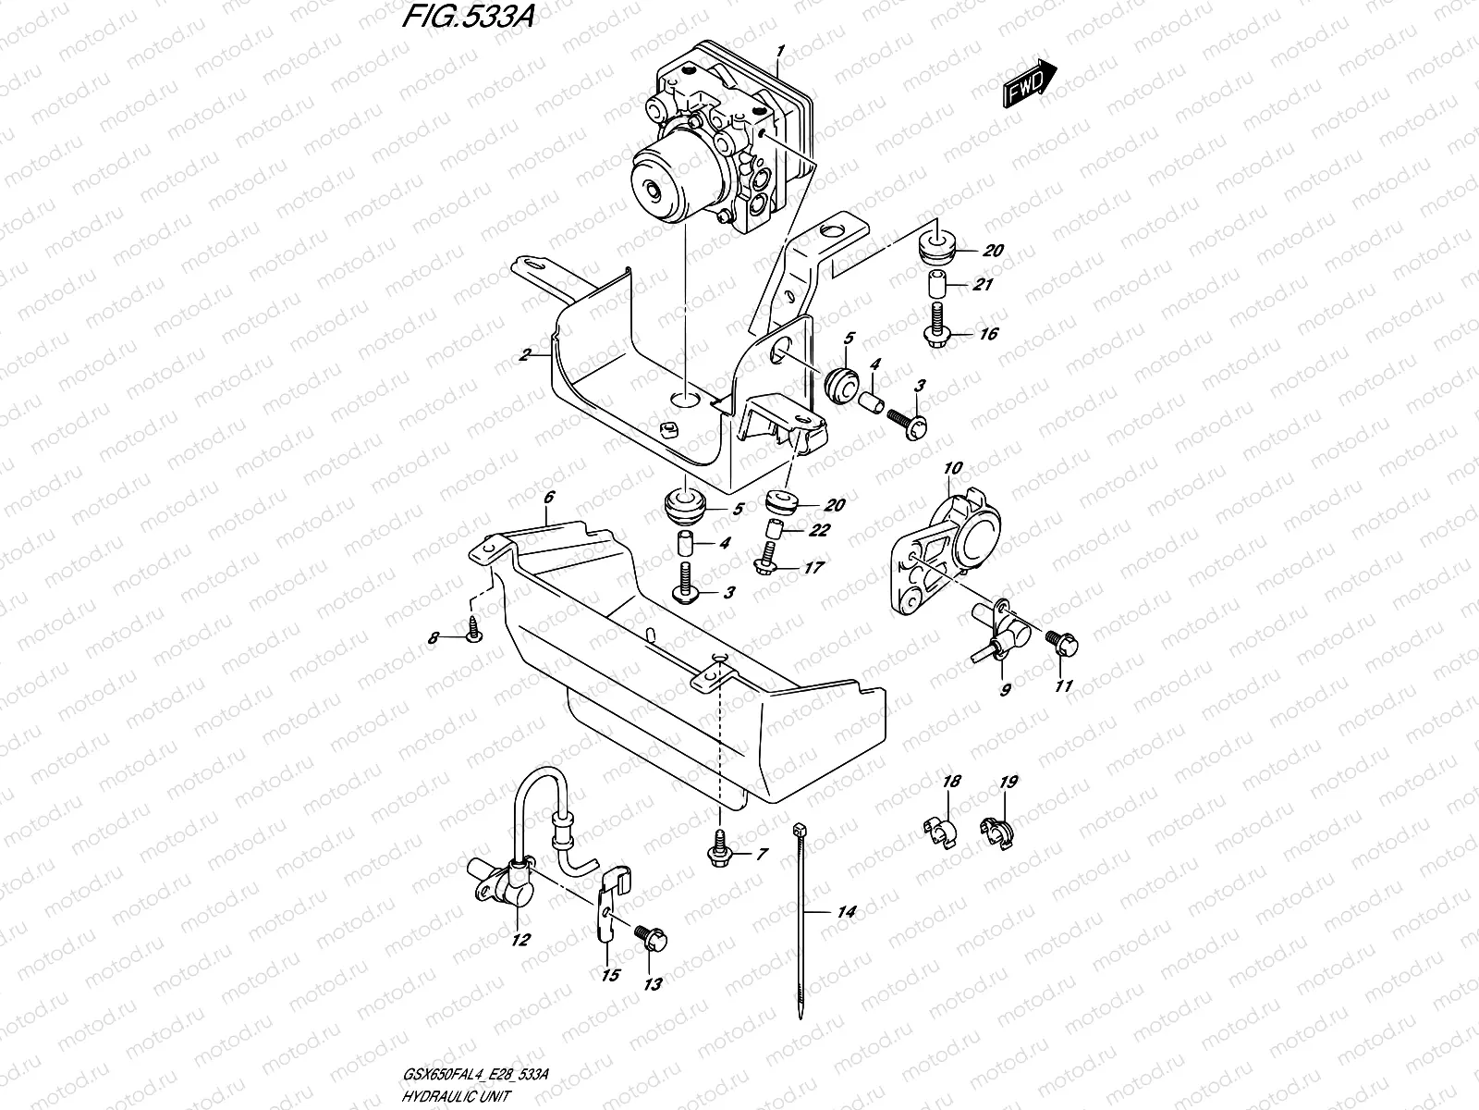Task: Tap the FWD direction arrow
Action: pos(1029,82)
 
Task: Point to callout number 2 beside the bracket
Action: pos(524,354)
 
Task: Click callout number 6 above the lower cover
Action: pos(548,498)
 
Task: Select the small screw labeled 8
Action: pos(473,630)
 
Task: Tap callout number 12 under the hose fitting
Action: pos(520,941)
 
